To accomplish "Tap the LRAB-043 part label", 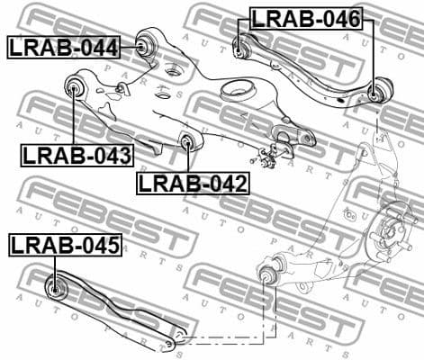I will (77, 155).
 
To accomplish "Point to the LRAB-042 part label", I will (192, 183).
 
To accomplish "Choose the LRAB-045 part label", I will (64, 244).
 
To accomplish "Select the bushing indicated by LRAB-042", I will (187, 141).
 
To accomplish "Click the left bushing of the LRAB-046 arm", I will (240, 45).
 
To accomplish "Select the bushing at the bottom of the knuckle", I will (266, 272).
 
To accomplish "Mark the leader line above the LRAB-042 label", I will (187, 160).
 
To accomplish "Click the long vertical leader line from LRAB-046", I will (372, 54).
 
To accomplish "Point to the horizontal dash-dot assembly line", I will (225, 338).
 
